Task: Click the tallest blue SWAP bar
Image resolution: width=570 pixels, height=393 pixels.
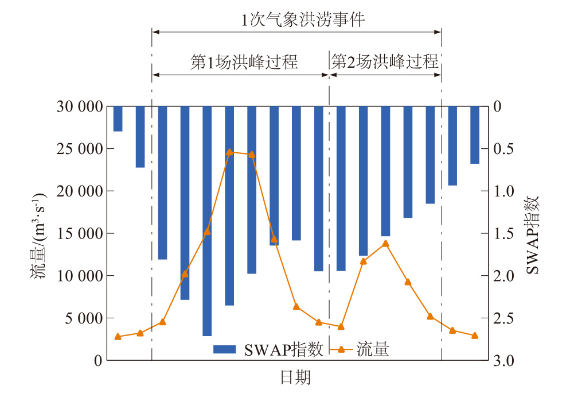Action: [x=207, y=221]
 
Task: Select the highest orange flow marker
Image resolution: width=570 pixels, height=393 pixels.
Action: [x=229, y=152]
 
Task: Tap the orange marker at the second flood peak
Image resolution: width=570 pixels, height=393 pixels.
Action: [x=385, y=243]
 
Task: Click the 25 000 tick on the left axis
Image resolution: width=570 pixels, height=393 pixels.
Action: [x=80, y=149]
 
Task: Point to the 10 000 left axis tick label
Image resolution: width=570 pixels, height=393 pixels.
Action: [x=80, y=276]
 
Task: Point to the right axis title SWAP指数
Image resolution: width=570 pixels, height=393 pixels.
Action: [x=533, y=234]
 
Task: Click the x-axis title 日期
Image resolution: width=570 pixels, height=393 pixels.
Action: [x=295, y=377]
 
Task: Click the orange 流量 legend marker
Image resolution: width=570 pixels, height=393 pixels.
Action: [x=341, y=349]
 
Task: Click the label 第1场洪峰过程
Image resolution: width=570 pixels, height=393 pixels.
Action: [x=244, y=62]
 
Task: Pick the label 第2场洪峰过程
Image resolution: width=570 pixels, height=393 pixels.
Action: [x=385, y=62]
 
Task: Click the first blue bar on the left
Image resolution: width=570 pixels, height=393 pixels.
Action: [x=118, y=119]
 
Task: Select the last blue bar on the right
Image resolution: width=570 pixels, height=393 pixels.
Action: [x=475, y=135]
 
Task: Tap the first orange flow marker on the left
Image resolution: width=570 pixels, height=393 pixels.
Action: [x=118, y=337]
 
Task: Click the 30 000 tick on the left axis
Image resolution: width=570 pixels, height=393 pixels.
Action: [x=80, y=106]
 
